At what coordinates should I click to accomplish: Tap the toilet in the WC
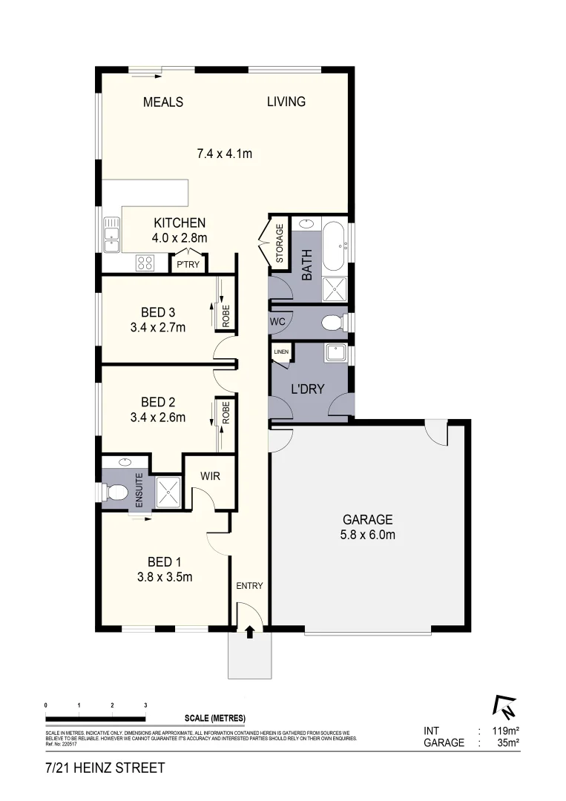pyautogui.click(x=332, y=323)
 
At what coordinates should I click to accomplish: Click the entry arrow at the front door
pyautogui.click(x=249, y=632)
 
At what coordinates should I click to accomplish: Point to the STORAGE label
pyautogui.click(x=280, y=244)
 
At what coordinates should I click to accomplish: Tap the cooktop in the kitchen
pyautogui.click(x=145, y=262)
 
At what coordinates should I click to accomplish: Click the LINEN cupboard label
pyautogui.click(x=280, y=352)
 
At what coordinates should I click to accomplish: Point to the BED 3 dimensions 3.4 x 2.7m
pyautogui.click(x=158, y=326)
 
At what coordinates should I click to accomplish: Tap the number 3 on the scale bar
pyautogui.click(x=145, y=705)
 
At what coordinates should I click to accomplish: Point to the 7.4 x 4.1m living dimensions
pyautogui.click(x=225, y=154)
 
